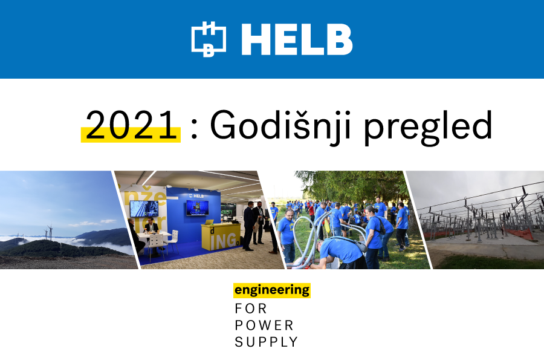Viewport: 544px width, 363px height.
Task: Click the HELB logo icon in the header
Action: pyautogui.click(x=209, y=39)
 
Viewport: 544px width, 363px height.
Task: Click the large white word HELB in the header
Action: pyautogui.click(x=297, y=39)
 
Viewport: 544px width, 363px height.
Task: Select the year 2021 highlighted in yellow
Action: pyautogui.click(x=131, y=125)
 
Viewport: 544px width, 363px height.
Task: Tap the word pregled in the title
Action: pyautogui.click(x=428, y=127)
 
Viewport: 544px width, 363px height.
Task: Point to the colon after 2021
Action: pyautogui.click(x=194, y=130)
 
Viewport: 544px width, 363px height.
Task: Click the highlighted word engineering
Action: pyautogui.click(x=272, y=290)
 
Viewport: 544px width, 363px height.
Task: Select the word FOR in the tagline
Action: pyautogui.click(x=251, y=309)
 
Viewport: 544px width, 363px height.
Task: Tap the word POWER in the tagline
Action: pyautogui.click(x=264, y=325)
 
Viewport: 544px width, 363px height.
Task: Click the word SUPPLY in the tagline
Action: pyautogui.click(x=266, y=342)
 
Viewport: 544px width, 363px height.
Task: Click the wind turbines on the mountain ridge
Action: pyautogui.click(x=49, y=232)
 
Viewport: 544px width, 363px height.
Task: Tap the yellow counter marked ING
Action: pyautogui.click(x=221, y=237)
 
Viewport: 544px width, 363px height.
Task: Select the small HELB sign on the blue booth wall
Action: pyautogui.click(x=196, y=196)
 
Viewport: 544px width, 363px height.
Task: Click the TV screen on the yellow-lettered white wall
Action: pyautogui.click(x=144, y=209)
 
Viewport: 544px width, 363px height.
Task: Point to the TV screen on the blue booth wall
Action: pyautogui.click(x=198, y=208)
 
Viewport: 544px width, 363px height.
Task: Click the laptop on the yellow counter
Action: pyautogui.click(x=209, y=222)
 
